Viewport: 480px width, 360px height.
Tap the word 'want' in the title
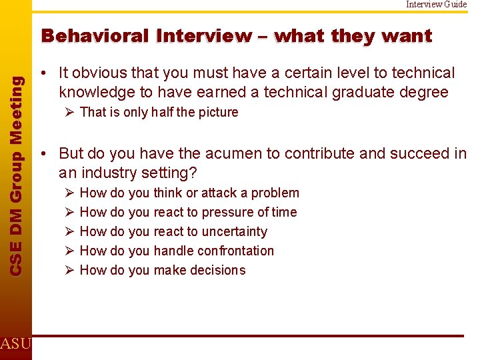[x=407, y=36]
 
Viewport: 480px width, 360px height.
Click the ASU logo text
[x=15, y=344]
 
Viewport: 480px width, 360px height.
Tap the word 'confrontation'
[x=235, y=251]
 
